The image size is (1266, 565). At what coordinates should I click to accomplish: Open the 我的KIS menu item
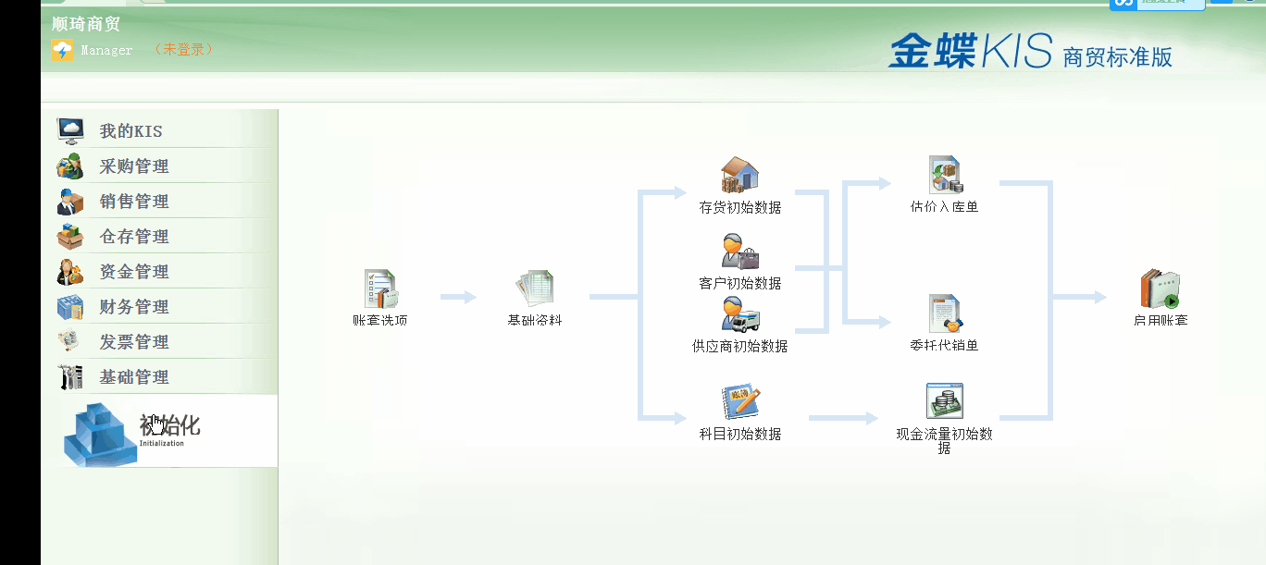(130, 131)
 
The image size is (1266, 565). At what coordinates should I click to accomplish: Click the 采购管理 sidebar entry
(134, 166)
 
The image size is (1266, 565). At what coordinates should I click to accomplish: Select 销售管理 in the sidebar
(134, 202)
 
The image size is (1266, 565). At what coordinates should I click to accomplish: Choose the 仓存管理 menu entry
(134, 237)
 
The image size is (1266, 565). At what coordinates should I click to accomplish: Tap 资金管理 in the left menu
(134, 272)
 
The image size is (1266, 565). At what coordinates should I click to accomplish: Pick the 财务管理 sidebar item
(134, 307)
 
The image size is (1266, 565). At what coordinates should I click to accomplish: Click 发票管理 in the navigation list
(134, 342)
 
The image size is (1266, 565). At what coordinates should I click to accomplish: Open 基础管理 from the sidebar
(134, 377)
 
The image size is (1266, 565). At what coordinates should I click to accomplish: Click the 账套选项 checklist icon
(380, 289)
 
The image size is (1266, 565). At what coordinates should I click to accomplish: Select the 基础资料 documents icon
(535, 289)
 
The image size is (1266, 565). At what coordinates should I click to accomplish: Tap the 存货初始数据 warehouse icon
(740, 176)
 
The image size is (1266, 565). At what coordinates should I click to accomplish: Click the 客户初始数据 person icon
(740, 252)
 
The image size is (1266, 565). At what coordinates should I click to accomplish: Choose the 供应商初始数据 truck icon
(740, 314)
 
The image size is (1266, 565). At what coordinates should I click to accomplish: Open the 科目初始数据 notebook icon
(740, 403)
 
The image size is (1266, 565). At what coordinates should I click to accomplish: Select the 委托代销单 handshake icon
(945, 314)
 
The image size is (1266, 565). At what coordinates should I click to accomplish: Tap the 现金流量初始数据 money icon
(945, 401)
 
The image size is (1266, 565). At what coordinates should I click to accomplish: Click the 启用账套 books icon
(1160, 289)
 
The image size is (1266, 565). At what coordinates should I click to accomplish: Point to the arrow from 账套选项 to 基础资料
(458, 298)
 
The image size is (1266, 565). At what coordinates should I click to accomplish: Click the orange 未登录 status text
(184, 50)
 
